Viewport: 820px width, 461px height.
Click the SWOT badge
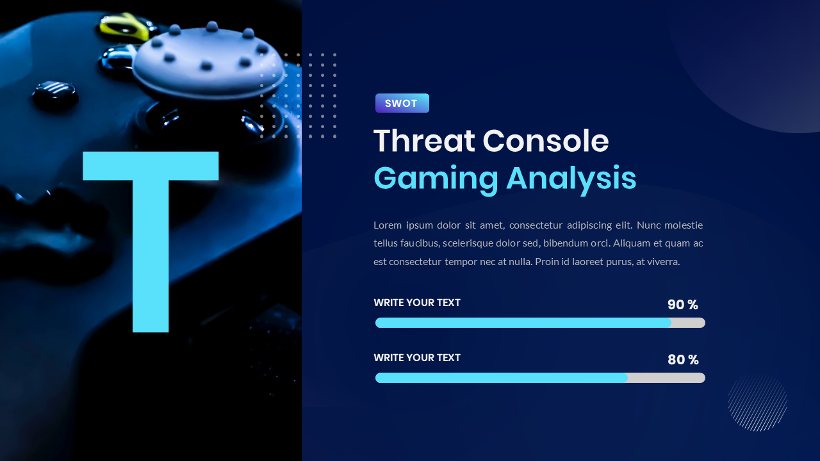coord(402,103)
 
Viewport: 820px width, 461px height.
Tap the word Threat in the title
coord(424,141)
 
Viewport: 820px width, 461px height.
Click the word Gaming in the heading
coord(436,179)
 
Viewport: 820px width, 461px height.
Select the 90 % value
coord(682,305)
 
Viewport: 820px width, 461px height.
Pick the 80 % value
coord(682,360)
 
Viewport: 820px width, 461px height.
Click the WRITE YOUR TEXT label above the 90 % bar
coord(417,303)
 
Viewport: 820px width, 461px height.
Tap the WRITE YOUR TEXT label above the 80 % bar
coord(417,358)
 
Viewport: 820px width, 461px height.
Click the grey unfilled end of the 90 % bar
coord(689,323)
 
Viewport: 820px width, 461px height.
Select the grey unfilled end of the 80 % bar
coord(666,378)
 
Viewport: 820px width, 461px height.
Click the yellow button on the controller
coord(126,26)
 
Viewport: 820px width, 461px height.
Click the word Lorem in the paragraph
coord(387,225)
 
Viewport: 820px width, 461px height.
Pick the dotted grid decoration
coord(299,95)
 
